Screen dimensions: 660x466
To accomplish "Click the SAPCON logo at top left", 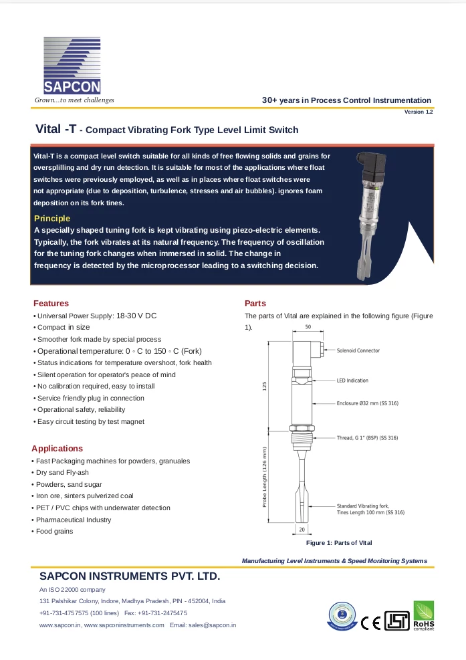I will tap(72, 66).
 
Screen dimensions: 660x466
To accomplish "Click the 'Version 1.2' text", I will tap(419, 112).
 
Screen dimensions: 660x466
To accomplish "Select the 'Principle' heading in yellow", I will tap(51, 219).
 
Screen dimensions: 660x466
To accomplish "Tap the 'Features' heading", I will tap(51, 304).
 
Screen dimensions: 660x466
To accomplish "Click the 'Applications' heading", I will tap(57, 449).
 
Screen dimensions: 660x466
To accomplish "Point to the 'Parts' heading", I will tap(255, 304).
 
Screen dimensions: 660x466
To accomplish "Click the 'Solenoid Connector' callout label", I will tap(358, 350).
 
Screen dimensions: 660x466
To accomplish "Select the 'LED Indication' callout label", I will tap(352, 380).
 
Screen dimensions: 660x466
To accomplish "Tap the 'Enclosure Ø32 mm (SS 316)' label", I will tap(367, 404).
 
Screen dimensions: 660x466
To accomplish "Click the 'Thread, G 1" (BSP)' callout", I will tap(367, 438).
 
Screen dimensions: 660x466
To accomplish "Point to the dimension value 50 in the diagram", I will tap(308, 327).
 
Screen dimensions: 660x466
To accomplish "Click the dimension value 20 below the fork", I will tap(302, 530).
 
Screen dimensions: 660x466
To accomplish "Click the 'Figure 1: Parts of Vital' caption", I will tap(338, 543).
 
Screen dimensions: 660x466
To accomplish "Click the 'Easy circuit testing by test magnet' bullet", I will tap(90, 422).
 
